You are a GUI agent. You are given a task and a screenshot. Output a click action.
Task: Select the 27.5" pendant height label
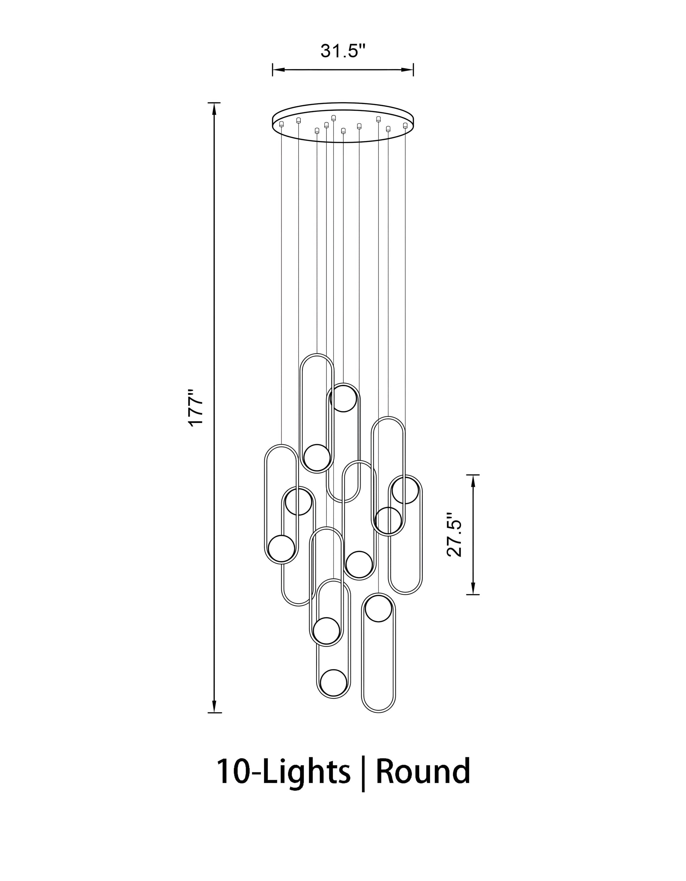455,534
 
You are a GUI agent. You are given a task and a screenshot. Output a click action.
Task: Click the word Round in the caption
423,771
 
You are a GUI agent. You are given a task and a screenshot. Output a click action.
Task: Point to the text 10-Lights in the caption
283,771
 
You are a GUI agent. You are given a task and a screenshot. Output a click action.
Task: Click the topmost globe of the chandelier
343,398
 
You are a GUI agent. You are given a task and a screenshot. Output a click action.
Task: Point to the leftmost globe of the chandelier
282,548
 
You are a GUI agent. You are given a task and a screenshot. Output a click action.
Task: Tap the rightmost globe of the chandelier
405,490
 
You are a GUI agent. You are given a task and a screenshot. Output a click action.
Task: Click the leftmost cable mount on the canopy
282,124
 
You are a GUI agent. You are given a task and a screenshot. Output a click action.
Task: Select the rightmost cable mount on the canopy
405,126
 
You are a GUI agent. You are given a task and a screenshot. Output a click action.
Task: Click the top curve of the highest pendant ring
317,355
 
